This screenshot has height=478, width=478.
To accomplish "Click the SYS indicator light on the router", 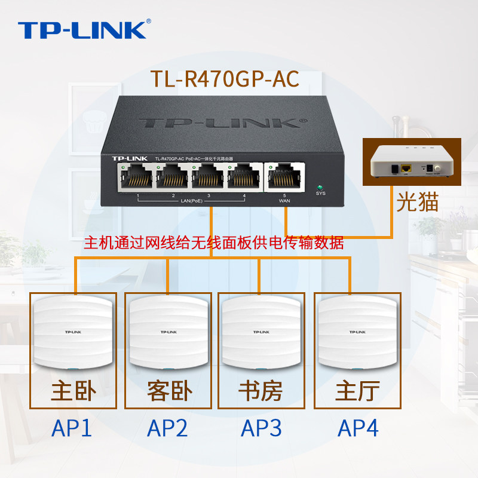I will (x=320, y=186).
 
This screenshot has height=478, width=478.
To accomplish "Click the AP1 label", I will (x=72, y=428).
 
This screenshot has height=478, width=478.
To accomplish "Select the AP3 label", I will (x=261, y=428).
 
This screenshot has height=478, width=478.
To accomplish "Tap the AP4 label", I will (x=358, y=428).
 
